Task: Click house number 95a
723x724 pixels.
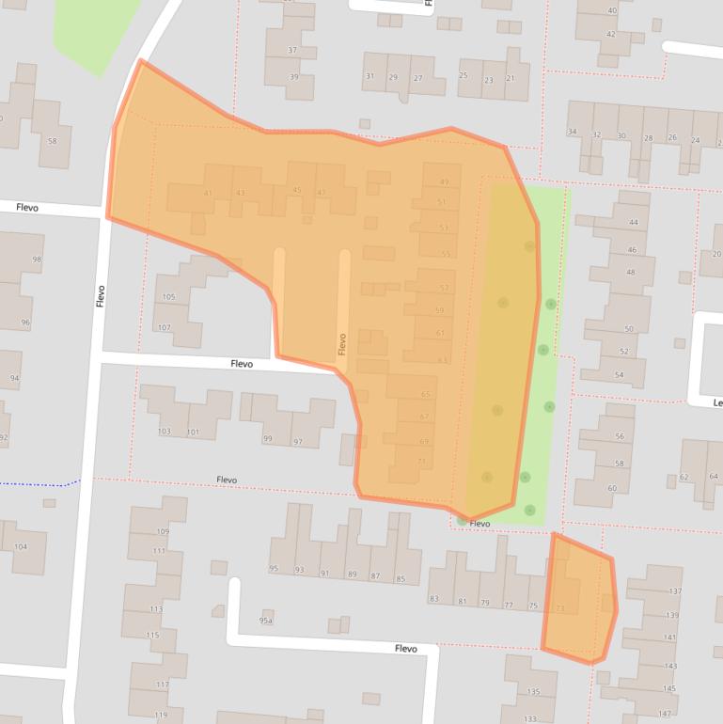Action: click(x=266, y=621)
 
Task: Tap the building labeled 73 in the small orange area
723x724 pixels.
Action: click(x=560, y=608)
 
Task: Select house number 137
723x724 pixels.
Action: click(x=673, y=591)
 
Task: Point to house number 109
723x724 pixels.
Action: click(x=161, y=532)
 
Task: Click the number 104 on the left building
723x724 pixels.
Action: click(x=21, y=546)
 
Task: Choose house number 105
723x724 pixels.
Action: click(x=168, y=297)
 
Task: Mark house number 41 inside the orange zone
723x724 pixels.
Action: click(x=208, y=194)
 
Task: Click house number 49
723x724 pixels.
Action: click(x=443, y=181)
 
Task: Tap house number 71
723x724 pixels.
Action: click(x=422, y=461)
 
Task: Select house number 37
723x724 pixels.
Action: click(x=292, y=50)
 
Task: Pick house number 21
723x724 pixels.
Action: click(x=511, y=80)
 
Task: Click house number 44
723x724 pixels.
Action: click(x=633, y=223)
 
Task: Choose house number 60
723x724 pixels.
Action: click(x=612, y=488)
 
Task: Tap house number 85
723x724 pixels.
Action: click(x=401, y=578)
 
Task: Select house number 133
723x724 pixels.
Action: click(x=530, y=718)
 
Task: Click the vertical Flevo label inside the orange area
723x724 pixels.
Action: click(x=342, y=344)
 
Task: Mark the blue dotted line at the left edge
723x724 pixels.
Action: click(x=38, y=483)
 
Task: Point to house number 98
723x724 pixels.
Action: click(x=37, y=260)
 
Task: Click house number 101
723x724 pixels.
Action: click(x=193, y=433)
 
